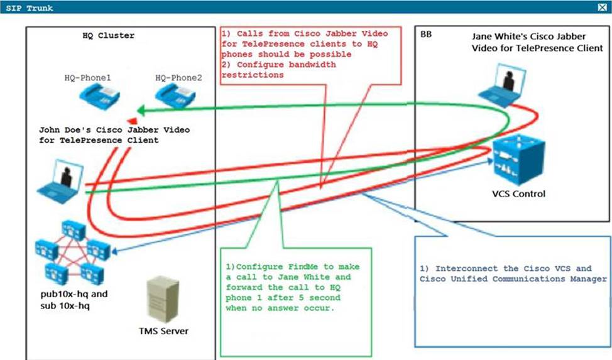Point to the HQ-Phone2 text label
point(178,78)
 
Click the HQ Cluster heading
point(109,36)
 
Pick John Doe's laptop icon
point(62,179)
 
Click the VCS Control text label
point(520,194)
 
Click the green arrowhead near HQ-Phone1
point(143,109)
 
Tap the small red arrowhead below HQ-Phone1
point(132,121)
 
